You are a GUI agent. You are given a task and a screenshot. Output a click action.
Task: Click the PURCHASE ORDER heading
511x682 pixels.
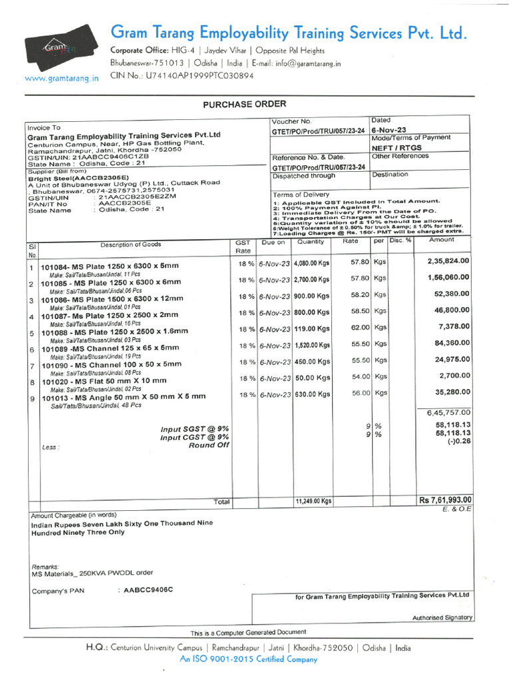coord(245,104)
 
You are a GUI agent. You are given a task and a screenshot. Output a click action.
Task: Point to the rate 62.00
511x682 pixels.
coord(360,328)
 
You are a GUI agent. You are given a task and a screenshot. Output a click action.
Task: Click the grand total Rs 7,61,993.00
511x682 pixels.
coord(445,500)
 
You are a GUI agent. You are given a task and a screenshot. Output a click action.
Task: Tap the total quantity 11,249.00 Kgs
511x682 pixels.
coord(313,501)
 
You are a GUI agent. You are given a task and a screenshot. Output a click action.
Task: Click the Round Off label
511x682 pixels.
coord(209,445)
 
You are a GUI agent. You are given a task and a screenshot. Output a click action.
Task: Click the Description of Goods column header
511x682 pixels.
coord(130,245)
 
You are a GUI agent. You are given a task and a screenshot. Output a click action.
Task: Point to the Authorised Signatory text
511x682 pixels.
coord(442,617)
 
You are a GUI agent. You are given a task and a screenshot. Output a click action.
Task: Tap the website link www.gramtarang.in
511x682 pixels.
coord(61,78)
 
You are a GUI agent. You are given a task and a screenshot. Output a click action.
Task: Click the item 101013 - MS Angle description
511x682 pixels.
coord(123,397)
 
